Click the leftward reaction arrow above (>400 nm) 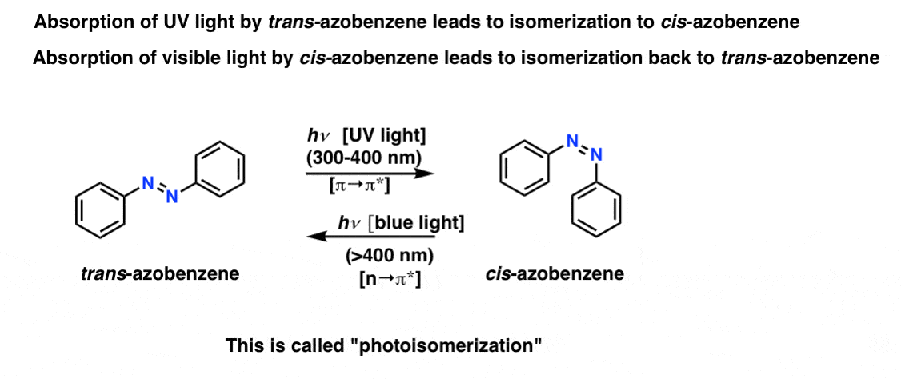370,236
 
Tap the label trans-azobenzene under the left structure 160,274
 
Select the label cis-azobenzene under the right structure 555,273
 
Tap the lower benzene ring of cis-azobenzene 596,208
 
